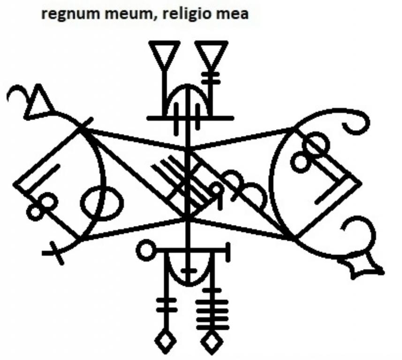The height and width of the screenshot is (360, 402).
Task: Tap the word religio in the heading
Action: coord(186,14)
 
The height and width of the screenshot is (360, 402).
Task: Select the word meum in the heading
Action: coord(130,15)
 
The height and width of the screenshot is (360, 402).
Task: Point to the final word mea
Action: coord(232,15)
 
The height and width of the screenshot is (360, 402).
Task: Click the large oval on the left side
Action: coord(102,203)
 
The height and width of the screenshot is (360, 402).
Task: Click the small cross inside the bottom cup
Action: coord(189,271)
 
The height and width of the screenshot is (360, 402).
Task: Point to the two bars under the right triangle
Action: coord(211,78)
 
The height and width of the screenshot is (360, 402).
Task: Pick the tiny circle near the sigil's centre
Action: coord(216,190)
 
